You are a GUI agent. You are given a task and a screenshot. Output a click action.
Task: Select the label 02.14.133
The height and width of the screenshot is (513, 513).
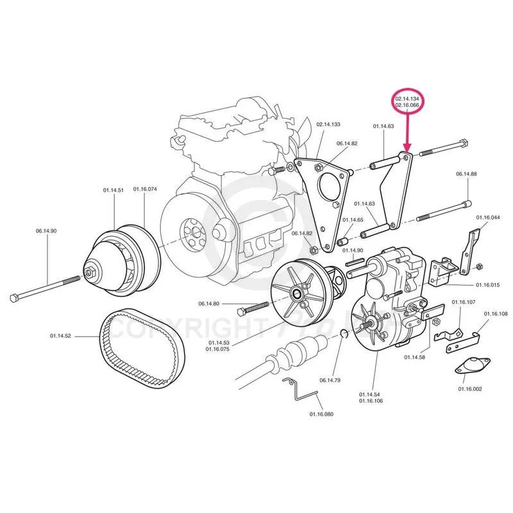(328, 124)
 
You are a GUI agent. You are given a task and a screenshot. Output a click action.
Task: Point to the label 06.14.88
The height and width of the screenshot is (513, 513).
(467, 174)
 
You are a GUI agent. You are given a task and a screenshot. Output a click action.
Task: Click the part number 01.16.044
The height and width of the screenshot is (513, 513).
(487, 218)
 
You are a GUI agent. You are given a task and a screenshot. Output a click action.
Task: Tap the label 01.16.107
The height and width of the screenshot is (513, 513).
(463, 302)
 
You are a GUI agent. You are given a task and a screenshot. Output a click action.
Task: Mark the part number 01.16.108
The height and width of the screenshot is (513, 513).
(495, 314)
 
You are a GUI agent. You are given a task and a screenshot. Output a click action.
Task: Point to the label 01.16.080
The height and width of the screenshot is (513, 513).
(321, 414)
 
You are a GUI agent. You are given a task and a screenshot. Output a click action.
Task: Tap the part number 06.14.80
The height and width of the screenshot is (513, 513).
(208, 303)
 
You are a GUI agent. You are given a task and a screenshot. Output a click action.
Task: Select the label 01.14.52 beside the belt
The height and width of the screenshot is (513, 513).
(61, 335)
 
